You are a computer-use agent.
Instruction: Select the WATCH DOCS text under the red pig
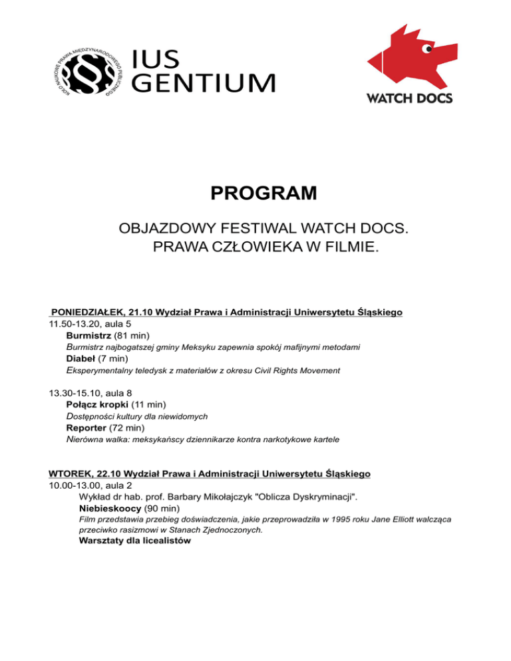click(409, 98)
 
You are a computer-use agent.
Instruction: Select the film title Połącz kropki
click(102, 404)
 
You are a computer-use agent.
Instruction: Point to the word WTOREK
click(70, 474)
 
